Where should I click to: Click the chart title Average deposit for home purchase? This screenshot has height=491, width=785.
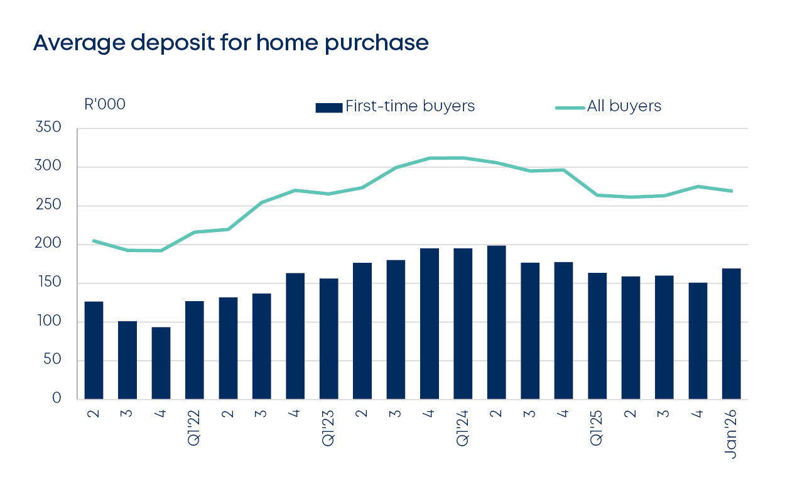pos(230,43)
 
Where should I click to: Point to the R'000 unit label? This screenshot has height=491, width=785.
pos(105,104)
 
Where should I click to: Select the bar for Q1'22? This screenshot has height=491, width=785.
pos(195,350)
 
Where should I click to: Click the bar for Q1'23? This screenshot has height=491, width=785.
pos(328,339)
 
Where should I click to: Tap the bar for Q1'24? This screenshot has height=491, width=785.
pos(463,324)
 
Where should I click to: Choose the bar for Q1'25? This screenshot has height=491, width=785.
pos(597,336)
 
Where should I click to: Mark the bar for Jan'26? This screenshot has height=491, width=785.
pos(731,334)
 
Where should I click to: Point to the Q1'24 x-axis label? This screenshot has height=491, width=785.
pos(463,429)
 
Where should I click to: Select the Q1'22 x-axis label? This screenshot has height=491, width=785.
pos(195,429)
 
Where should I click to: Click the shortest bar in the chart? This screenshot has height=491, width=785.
pos(161,363)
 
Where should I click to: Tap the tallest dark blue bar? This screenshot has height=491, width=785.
pos(496,322)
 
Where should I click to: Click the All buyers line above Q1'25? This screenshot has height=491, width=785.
pos(597,195)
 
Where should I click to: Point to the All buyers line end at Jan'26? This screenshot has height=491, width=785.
pos(732,191)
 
